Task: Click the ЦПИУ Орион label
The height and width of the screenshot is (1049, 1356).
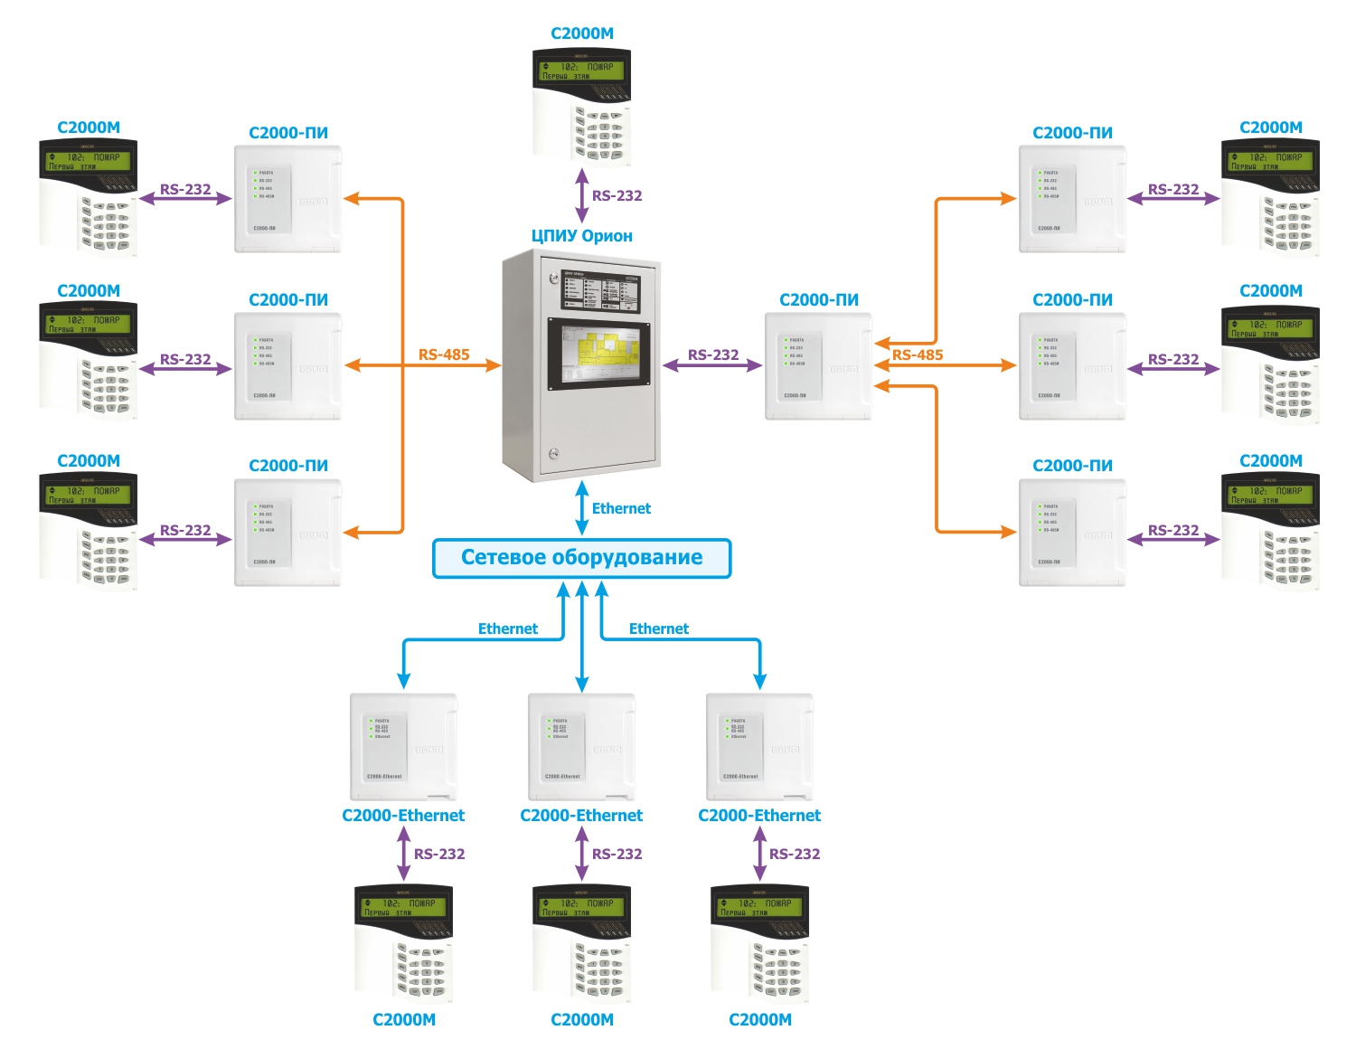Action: click(x=581, y=236)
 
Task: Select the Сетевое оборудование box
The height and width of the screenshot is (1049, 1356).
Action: click(x=581, y=558)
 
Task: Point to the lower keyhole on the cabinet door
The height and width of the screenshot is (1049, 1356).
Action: click(x=554, y=454)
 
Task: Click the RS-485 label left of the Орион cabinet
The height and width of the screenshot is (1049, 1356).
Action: click(x=444, y=354)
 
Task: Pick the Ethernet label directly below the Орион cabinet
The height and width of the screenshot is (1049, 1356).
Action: click(x=621, y=508)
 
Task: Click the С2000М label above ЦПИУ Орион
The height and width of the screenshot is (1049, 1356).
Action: click(x=581, y=33)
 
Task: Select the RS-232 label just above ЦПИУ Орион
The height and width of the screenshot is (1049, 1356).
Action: click(x=617, y=195)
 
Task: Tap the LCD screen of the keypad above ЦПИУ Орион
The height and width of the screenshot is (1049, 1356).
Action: click(x=580, y=71)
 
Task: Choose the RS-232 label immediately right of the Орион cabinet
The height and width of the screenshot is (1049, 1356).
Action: click(x=712, y=354)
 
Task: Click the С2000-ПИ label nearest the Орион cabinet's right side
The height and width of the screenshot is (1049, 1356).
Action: click(x=818, y=299)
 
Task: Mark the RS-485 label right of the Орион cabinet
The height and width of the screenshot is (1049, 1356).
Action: click(x=917, y=354)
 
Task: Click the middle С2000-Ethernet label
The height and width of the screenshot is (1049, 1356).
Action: click(x=581, y=816)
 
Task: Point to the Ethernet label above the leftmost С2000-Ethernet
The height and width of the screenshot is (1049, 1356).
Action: click(x=507, y=628)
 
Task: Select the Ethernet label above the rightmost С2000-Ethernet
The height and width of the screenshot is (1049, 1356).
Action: click(x=658, y=628)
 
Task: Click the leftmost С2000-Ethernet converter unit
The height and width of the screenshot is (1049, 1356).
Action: click(x=403, y=747)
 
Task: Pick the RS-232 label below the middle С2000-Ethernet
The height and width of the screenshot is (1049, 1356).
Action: click(x=617, y=854)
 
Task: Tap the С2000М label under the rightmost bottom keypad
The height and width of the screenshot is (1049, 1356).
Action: click(x=759, y=1020)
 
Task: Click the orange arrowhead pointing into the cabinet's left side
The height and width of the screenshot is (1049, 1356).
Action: click(x=493, y=365)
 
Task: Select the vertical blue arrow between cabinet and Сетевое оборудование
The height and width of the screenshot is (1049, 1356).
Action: click(x=582, y=508)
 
